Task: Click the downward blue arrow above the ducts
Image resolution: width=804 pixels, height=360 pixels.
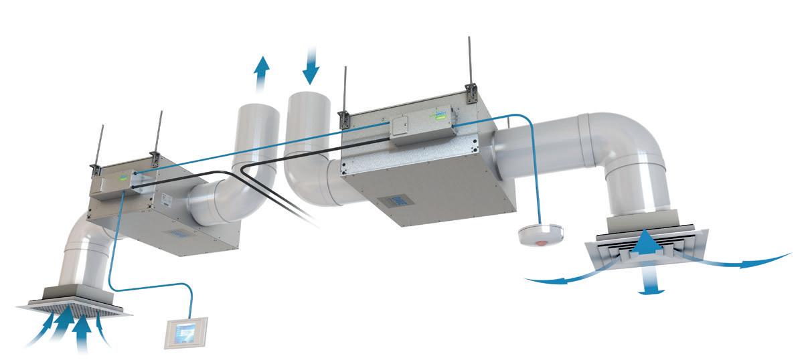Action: [x=311, y=64]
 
